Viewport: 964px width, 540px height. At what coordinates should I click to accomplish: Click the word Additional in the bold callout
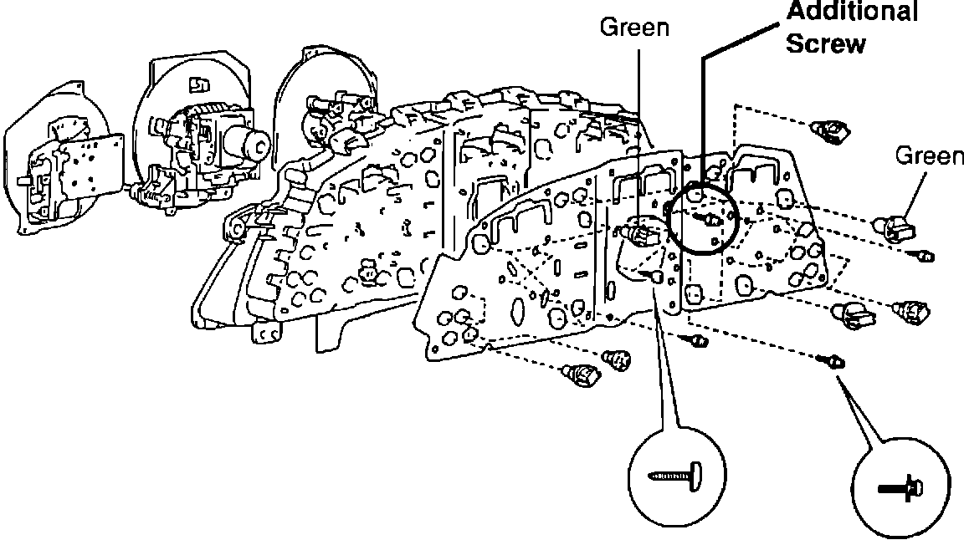point(853,13)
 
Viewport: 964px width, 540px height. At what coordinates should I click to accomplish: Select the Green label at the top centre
point(635,28)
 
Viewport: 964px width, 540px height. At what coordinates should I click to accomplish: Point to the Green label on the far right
point(929,155)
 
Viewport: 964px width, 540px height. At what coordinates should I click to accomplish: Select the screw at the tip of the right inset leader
point(834,361)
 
